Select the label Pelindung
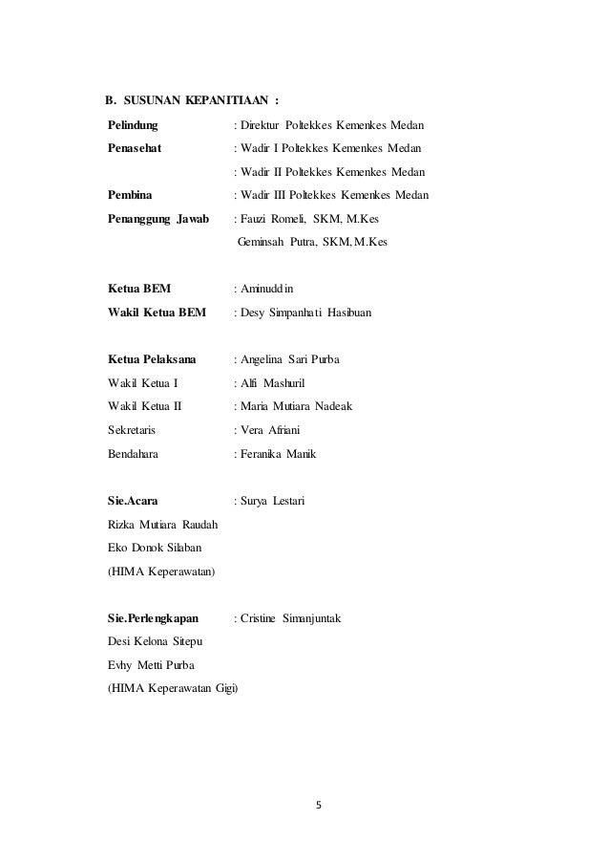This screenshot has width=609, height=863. [134, 125]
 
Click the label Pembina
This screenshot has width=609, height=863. [130, 195]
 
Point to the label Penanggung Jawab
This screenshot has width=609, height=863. [158, 219]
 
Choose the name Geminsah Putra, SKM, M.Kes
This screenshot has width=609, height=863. [312, 243]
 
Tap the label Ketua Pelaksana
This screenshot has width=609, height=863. [153, 359]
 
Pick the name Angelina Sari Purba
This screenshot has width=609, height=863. [290, 359]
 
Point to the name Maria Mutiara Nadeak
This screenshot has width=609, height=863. [296, 406]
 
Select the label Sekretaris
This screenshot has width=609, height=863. [132, 430]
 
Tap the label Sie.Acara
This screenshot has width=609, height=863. [134, 501]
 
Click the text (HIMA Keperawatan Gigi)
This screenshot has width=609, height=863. [174, 688]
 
